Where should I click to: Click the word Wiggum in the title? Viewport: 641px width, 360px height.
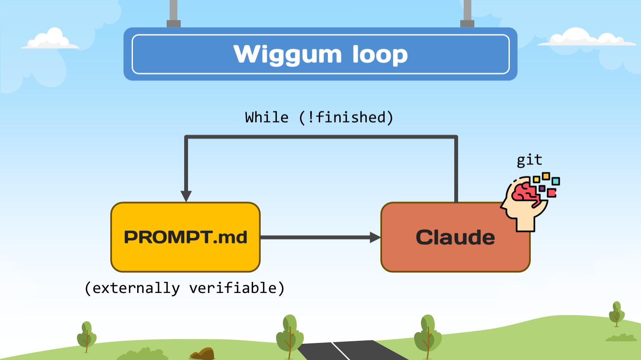pos(287,55)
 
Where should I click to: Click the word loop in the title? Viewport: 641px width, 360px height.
pos(380,55)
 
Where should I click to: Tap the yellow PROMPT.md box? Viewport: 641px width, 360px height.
pos(185,237)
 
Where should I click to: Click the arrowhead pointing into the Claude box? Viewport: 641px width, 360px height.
pos(375,237)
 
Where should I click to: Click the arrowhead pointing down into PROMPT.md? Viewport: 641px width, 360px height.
pos(186,196)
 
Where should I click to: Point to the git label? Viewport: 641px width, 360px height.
pos(529,160)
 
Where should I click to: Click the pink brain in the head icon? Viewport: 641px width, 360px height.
pos(525,192)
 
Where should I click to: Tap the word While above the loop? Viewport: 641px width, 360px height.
pos(267,117)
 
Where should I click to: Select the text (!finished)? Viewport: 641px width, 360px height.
pos(346,117)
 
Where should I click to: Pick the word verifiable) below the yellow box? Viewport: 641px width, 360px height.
pos(237,288)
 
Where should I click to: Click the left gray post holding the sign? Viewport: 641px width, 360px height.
pos(173,13)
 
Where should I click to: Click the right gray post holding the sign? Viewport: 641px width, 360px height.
pos(467,13)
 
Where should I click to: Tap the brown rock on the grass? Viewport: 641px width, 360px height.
pos(203,354)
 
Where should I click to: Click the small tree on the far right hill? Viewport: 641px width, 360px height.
pos(617,314)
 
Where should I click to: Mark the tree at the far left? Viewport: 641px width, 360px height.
pos(86,336)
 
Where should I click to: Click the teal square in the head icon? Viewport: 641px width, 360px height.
pos(556,181)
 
